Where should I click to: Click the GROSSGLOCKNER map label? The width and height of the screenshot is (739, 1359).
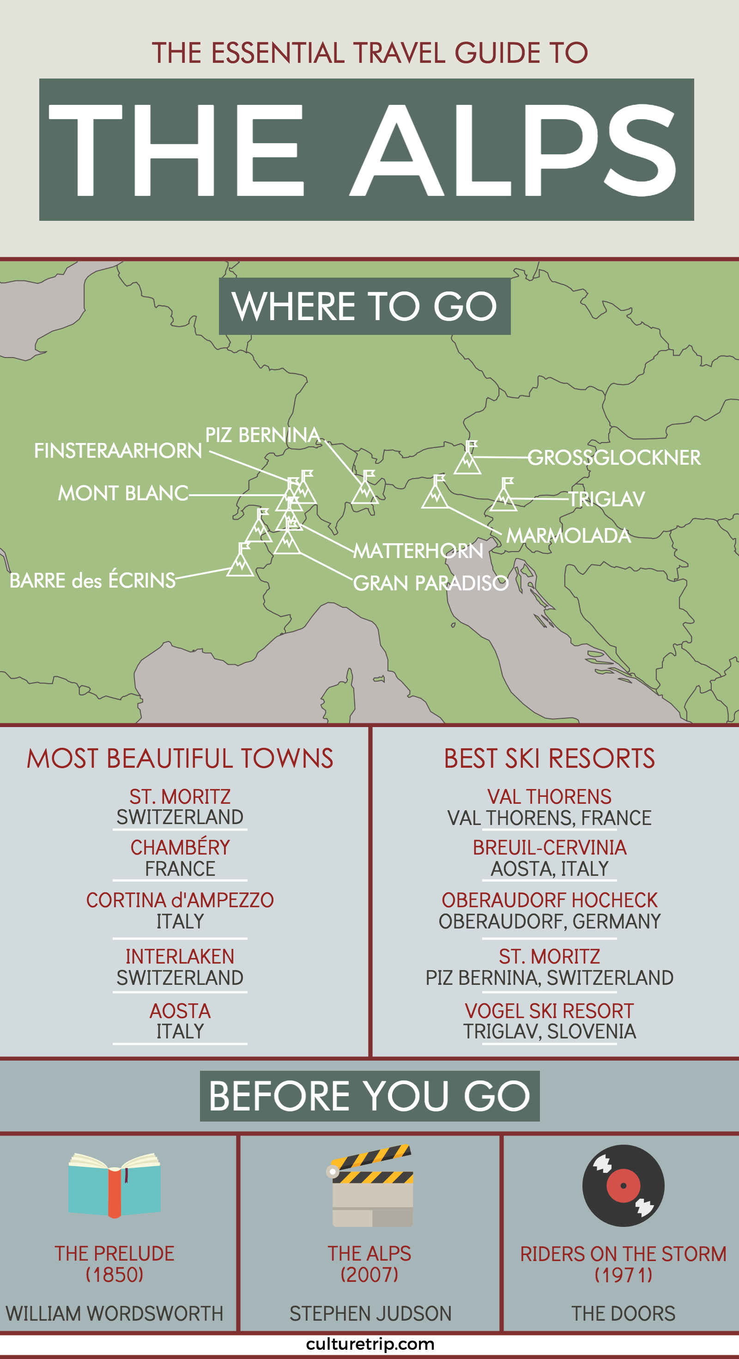point(614,457)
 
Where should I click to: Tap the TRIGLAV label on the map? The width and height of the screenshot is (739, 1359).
point(606,498)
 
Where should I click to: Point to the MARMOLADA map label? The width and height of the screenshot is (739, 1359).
point(568,535)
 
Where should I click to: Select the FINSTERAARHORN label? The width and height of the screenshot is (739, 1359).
point(118,450)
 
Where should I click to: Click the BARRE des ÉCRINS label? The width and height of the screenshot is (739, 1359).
point(92,580)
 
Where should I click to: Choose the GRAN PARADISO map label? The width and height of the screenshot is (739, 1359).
point(430,583)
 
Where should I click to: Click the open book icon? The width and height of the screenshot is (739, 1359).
point(115,1185)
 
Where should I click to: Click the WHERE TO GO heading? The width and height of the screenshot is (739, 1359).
point(364,306)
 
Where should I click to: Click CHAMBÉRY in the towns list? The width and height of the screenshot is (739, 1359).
point(180,847)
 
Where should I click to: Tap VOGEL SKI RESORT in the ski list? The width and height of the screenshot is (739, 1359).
point(549,1011)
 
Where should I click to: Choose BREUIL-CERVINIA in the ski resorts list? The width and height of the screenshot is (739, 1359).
point(549,847)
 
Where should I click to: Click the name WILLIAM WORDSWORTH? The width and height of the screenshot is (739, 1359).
point(115,1313)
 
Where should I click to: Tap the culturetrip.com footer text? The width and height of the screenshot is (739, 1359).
point(370,1344)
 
